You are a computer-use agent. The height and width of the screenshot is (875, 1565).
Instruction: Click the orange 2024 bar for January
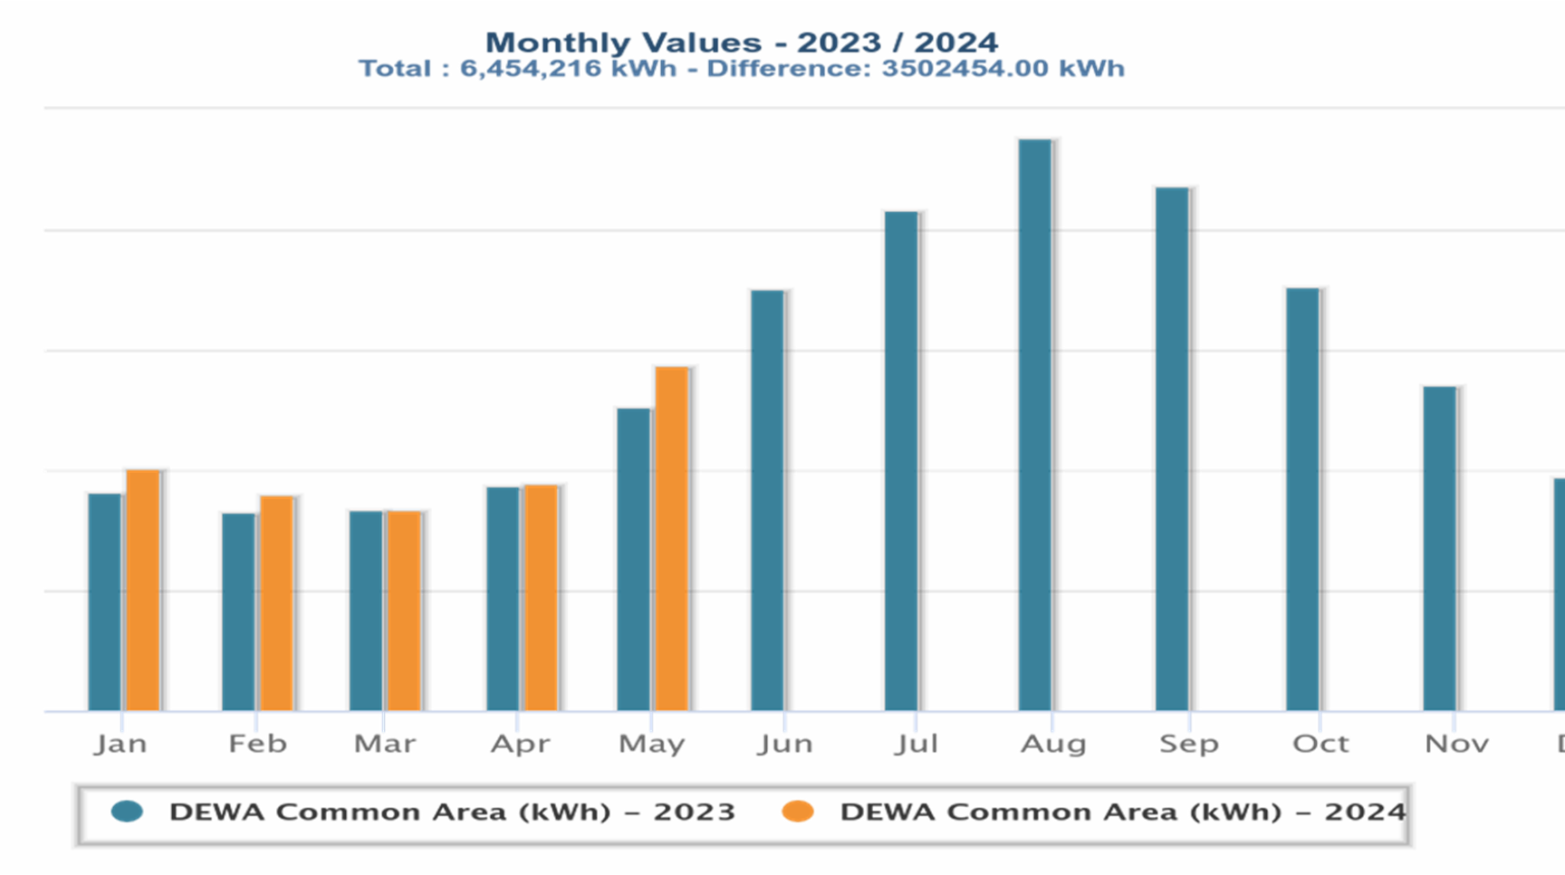tap(143, 591)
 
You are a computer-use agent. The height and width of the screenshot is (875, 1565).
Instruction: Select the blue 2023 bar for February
tap(239, 612)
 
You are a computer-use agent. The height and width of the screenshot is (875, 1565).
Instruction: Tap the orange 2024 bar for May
tap(672, 539)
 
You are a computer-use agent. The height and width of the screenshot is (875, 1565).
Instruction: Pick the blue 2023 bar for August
tap(1035, 426)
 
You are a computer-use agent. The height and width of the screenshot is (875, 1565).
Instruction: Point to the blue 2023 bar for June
tap(768, 501)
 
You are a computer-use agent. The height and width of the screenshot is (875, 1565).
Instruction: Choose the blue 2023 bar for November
tap(1440, 549)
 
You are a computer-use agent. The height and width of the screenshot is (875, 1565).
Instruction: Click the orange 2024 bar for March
tap(404, 611)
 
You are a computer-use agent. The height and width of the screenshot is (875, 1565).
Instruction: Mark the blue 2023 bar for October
tap(1303, 500)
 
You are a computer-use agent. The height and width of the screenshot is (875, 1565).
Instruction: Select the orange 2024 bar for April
tap(542, 598)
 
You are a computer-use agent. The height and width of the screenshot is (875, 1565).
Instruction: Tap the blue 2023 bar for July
tap(901, 461)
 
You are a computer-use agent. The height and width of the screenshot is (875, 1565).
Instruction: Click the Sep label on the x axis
tap(1189, 744)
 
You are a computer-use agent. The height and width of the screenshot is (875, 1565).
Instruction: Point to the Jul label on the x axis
tap(917, 744)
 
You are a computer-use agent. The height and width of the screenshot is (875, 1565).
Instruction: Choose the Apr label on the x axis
tap(521, 745)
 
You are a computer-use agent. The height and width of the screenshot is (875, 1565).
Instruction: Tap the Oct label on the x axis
tap(1320, 744)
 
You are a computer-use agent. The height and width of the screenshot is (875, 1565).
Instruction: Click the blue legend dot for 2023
tap(128, 811)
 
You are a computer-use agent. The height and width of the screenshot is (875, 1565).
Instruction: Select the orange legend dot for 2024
tap(798, 811)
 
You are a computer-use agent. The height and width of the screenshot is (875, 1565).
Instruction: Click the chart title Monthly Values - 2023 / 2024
tap(742, 42)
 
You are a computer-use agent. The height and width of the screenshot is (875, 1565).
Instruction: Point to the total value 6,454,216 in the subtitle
tap(531, 69)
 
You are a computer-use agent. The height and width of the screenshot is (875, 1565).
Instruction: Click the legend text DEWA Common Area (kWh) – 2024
tap(1123, 811)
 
